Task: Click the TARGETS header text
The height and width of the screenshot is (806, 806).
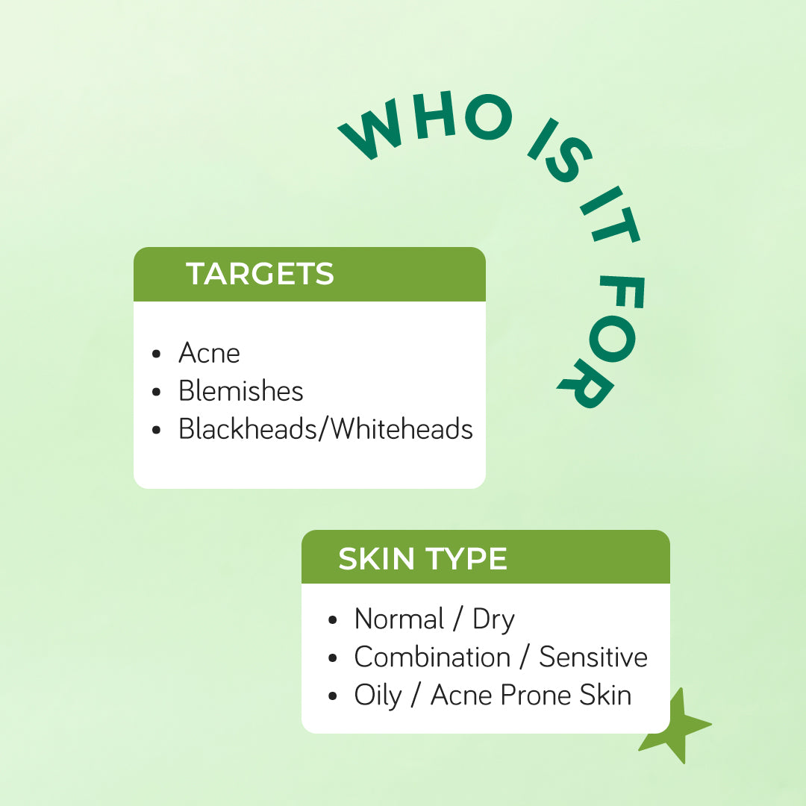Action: (260, 273)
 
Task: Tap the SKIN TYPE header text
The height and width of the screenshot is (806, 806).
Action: (422, 559)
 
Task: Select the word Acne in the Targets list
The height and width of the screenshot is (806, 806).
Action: (209, 353)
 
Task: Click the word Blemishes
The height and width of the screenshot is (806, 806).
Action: (240, 390)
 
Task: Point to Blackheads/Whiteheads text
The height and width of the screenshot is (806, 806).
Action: (325, 428)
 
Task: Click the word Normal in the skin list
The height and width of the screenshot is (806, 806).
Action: (399, 619)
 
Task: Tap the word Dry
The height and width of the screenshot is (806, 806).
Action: (493, 620)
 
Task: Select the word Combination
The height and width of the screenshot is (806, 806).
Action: (432, 657)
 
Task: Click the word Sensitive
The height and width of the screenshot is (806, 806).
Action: (593, 657)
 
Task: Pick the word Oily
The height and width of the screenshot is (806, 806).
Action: (378, 696)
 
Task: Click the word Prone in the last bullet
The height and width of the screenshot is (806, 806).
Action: (536, 696)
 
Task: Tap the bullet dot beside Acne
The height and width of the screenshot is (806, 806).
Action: (157, 354)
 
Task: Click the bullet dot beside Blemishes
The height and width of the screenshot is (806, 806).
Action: (157, 392)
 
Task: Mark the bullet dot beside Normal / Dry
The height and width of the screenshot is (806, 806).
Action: (333, 620)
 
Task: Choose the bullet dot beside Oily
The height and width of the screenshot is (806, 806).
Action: (333, 696)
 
